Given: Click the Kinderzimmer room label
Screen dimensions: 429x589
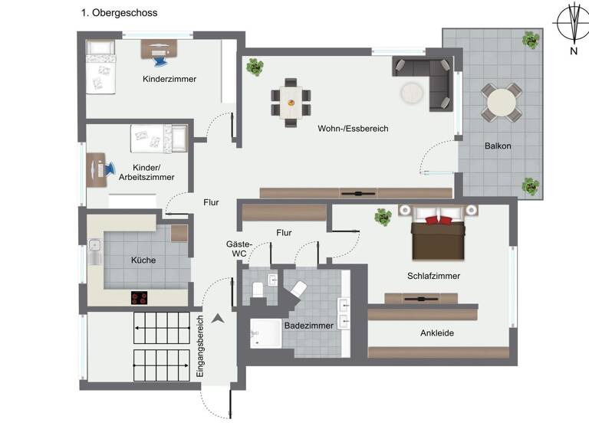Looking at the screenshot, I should point(169,79).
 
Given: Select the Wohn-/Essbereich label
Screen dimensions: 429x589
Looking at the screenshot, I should point(353,129).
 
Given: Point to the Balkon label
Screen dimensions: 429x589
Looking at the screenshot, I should point(498,146).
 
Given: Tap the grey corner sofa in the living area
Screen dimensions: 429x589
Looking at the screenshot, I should point(429,77).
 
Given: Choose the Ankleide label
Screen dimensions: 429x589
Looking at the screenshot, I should point(437,333).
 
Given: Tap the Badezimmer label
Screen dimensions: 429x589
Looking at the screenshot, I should point(308,326).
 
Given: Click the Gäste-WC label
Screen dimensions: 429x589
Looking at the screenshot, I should point(235,248).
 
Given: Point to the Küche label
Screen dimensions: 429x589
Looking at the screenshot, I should point(143,260).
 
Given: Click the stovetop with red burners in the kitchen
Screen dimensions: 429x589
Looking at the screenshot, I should point(140,298).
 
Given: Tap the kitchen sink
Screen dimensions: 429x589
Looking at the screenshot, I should point(94,250).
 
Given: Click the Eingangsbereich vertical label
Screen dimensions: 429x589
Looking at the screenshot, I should point(200,345).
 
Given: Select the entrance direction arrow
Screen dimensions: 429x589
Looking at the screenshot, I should point(218,318).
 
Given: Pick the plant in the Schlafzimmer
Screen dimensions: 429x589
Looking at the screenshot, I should point(383,218).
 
